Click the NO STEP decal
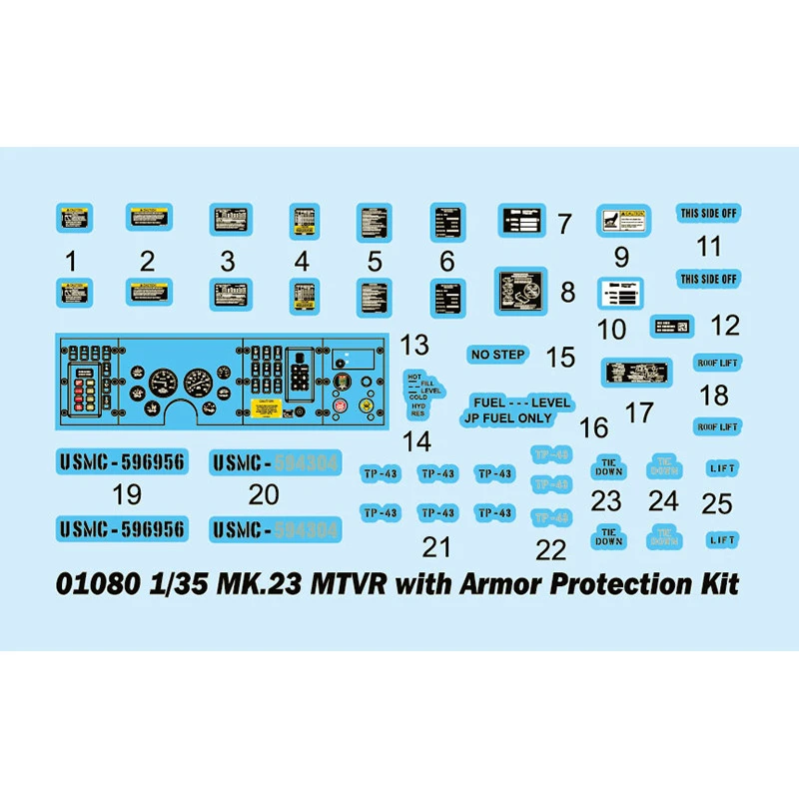click(496, 355)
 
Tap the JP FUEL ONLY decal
click(507, 418)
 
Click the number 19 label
click(127, 493)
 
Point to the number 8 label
click(567, 293)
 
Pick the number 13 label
click(414, 346)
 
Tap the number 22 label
click(550, 548)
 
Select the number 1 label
click(70, 262)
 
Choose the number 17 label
click(638, 411)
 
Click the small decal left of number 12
click(671, 325)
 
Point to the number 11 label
click(708, 247)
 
